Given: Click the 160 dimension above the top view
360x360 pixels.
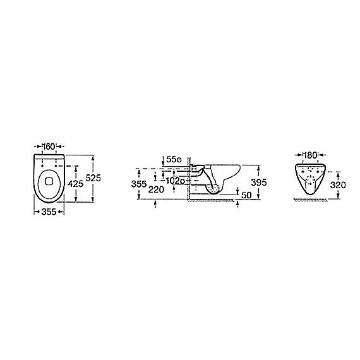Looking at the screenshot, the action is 49,147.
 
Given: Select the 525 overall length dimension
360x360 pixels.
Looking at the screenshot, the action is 93,178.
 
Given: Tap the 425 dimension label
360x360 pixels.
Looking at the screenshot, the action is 75,184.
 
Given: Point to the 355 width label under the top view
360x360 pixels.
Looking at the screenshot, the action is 49,212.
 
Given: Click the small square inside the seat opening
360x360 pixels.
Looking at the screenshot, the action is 49,181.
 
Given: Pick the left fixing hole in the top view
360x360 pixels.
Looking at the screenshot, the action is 42,165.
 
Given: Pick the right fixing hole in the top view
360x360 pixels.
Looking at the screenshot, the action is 56,165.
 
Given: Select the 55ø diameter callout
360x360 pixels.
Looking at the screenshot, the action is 174,159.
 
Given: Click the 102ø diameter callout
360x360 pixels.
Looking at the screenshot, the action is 175,181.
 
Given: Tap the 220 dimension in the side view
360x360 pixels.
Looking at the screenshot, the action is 156,189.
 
